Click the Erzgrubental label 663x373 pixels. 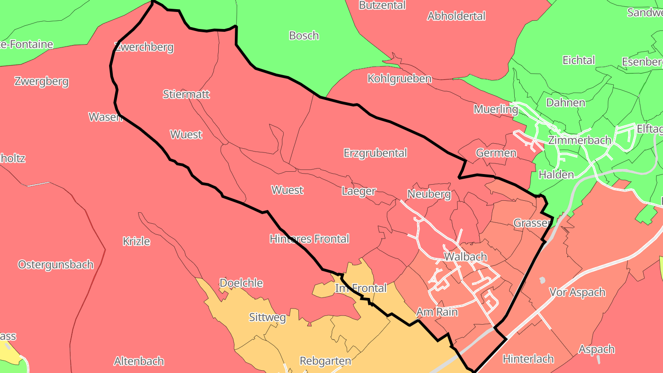(375, 153)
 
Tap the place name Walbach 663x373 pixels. (465, 256)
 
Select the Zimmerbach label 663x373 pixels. (579, 140)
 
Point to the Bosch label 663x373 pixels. (304, 35)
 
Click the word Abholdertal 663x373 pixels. (456, 16)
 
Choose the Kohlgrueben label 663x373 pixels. (399, 79)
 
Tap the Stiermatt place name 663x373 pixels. (186, 94)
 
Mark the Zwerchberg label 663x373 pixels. (144, 47)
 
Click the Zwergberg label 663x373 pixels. (41, 82)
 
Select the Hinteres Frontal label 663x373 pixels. (309, 239)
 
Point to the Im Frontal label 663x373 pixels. (361, 288)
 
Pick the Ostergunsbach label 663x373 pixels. (56, 265)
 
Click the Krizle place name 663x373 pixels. (136, 241)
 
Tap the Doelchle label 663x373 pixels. (241, 283)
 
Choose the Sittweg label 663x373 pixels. (267, 317)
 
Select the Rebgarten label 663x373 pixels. (325, 361)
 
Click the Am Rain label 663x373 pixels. (437, 312)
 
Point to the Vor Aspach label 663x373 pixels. (577, 292)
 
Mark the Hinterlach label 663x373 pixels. (528, 359)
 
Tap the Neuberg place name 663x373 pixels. (429, 194)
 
